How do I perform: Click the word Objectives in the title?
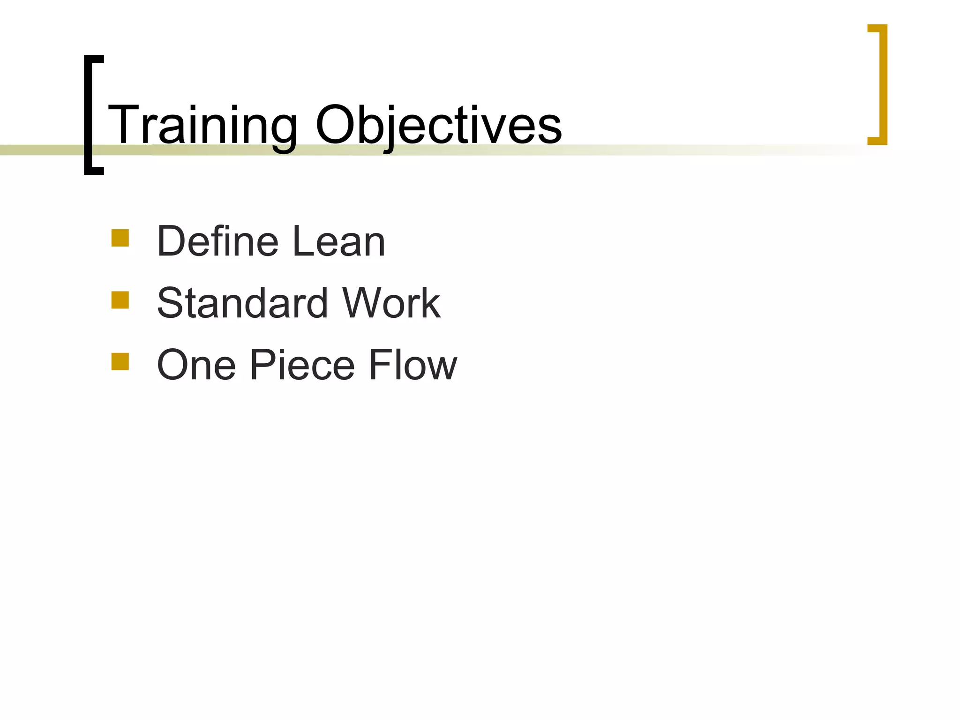pos(438,126)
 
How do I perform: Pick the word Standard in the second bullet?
pos(242,303)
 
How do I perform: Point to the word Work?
pos(391,303)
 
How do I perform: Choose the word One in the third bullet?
pos(196,365)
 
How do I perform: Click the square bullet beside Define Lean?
pos(120,238)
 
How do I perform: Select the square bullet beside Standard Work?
pos(120,300)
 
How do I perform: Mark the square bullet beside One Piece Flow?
pos(120,361)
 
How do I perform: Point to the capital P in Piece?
pos(264,365)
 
